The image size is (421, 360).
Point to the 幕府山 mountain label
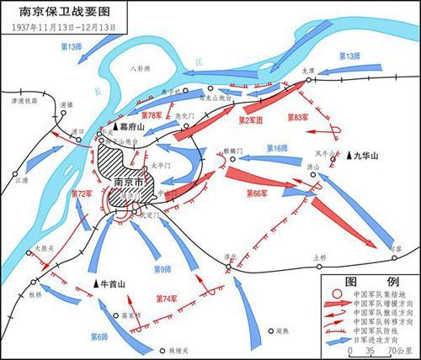(128, 124)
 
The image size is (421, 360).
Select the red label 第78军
(152, 113)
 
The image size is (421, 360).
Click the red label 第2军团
(253, 120)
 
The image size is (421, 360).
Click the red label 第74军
(169, 299)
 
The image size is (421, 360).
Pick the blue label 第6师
(99, 336)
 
